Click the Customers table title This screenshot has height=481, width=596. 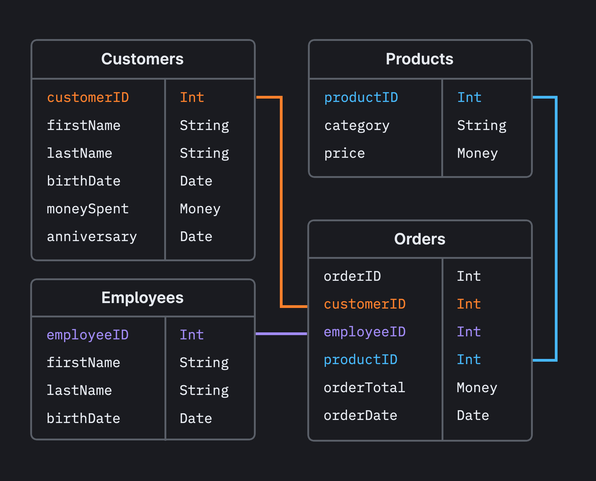tap(142, 59)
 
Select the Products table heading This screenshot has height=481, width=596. tap(419, 59)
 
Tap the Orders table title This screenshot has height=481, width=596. tap(419, 239)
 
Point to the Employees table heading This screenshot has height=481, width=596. tap(142, 298)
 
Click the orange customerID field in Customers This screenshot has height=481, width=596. tap(88, 98)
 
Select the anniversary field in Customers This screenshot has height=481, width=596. tap(92, 237)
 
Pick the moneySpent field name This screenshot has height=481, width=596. tap(88, 209)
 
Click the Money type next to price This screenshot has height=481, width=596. tap(477, 153)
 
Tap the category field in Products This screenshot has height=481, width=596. tap(357, 126)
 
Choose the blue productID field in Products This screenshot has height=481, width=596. tap(361, 98)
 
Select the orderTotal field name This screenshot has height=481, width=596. tap(364, 388)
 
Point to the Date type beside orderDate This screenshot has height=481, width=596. tap(473, 416)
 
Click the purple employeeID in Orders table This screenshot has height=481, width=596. tap(364, 332)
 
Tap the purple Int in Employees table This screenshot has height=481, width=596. tap(192, 335)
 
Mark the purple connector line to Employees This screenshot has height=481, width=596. tap(281, 334)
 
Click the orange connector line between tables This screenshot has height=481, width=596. tap(281, 201)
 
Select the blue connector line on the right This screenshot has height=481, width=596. tap(556, 229)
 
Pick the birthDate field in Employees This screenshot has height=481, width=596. tap(83, 418)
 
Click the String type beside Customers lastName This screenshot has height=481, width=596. tap(204, 153)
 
